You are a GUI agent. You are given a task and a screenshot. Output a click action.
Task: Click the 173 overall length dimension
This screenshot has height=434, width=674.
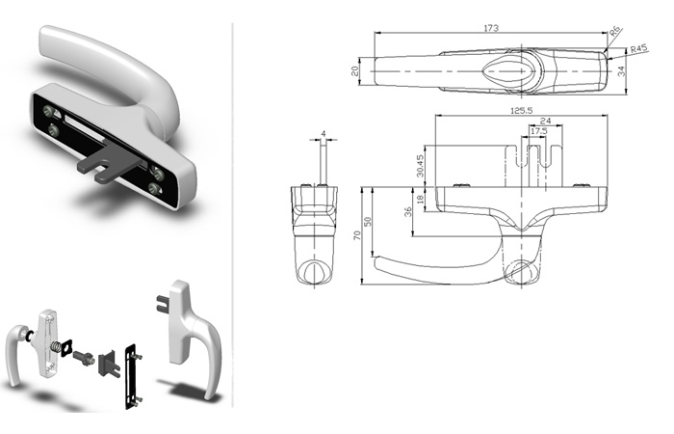[491, 28]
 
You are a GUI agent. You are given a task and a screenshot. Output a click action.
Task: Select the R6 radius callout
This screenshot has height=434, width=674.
[616, 32]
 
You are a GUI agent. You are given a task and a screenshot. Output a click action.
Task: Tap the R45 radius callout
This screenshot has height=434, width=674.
[638, 49]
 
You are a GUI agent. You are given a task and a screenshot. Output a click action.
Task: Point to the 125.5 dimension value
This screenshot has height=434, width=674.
[521, 111]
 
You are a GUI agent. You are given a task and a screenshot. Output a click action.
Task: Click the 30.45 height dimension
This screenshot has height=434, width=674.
[421, 166]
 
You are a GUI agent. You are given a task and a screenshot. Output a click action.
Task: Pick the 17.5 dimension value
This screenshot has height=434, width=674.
[538, 130]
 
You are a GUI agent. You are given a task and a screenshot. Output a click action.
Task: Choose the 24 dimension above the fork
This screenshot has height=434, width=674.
[545, 121]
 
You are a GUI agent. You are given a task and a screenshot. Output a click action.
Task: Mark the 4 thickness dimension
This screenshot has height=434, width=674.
[324, 134]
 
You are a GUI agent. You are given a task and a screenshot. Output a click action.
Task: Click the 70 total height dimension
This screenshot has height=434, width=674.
[357, 235]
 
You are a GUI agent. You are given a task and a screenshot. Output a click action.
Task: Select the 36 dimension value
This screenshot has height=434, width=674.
[408, 211]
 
